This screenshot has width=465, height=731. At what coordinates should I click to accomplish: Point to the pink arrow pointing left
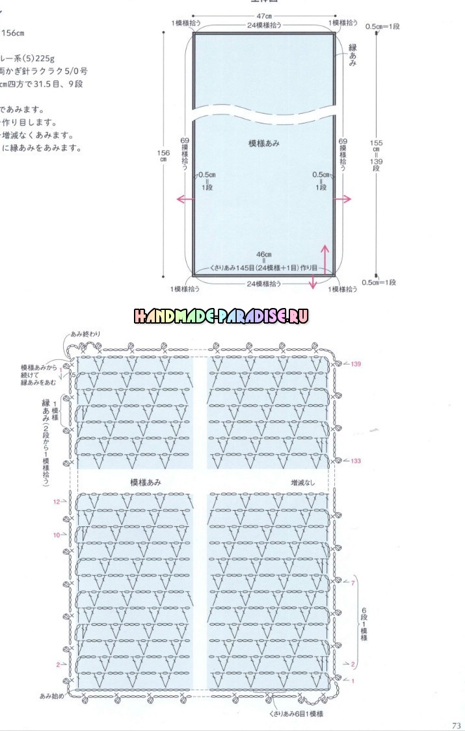185,199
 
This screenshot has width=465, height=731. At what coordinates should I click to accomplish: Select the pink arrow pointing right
343,199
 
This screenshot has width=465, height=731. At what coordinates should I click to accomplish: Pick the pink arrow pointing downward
313,281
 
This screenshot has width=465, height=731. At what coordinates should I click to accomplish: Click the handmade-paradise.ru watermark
221,316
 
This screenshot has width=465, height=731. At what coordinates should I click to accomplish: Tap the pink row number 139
355,365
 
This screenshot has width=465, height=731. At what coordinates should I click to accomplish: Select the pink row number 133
355,461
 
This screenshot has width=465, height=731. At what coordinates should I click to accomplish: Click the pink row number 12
57,502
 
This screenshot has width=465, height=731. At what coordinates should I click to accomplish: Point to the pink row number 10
57,535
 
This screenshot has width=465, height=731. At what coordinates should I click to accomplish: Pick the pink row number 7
352,584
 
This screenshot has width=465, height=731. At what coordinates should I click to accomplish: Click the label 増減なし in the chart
302,483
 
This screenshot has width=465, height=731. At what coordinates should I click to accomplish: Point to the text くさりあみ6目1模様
296,713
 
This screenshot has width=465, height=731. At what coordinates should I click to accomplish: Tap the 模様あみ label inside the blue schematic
264,143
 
